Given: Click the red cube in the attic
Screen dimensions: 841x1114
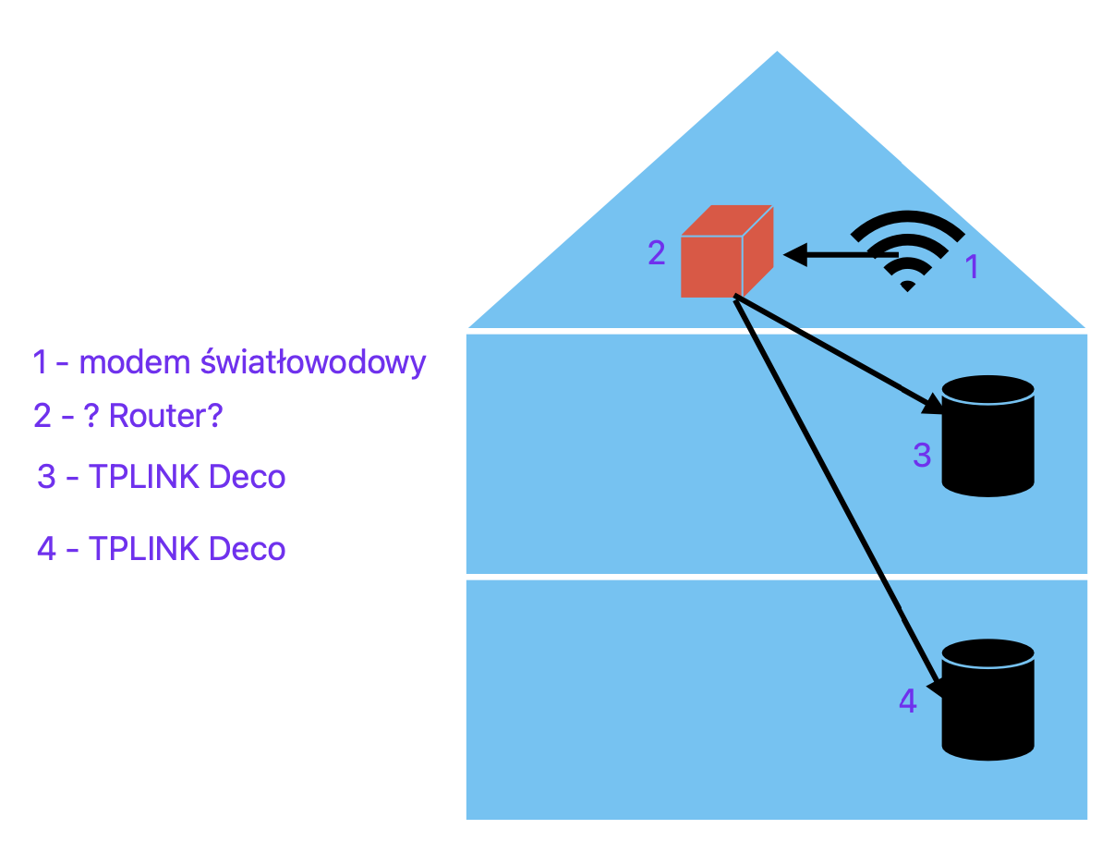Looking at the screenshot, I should pos(725,253).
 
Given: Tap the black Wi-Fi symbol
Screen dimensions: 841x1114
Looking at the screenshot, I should pos(907,250).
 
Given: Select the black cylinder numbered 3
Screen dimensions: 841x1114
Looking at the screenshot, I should pos(987,436).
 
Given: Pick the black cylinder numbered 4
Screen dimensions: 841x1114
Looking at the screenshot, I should pos(987,700).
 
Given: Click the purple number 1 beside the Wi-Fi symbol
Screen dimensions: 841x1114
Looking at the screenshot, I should pos(972,268).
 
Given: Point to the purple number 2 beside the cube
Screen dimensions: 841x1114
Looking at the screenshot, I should pos(656,252).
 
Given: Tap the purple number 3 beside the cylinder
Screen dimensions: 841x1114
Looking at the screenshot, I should pos(922,455).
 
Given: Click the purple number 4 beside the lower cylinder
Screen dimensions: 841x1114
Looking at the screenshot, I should pos(908,701).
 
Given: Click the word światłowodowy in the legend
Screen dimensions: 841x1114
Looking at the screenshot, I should pos(313,362).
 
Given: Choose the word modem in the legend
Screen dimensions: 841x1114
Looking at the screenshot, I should pos(134,362).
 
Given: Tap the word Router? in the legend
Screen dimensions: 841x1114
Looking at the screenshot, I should pos(166,416).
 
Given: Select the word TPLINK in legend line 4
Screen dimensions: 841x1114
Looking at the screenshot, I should pos(144,549).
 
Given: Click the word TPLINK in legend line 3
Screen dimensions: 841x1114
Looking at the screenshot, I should pos(144,477).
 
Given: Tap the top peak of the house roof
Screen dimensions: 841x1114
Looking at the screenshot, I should pos(777,54).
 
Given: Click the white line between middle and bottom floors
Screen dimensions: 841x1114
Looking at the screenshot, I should pos(776,577).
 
